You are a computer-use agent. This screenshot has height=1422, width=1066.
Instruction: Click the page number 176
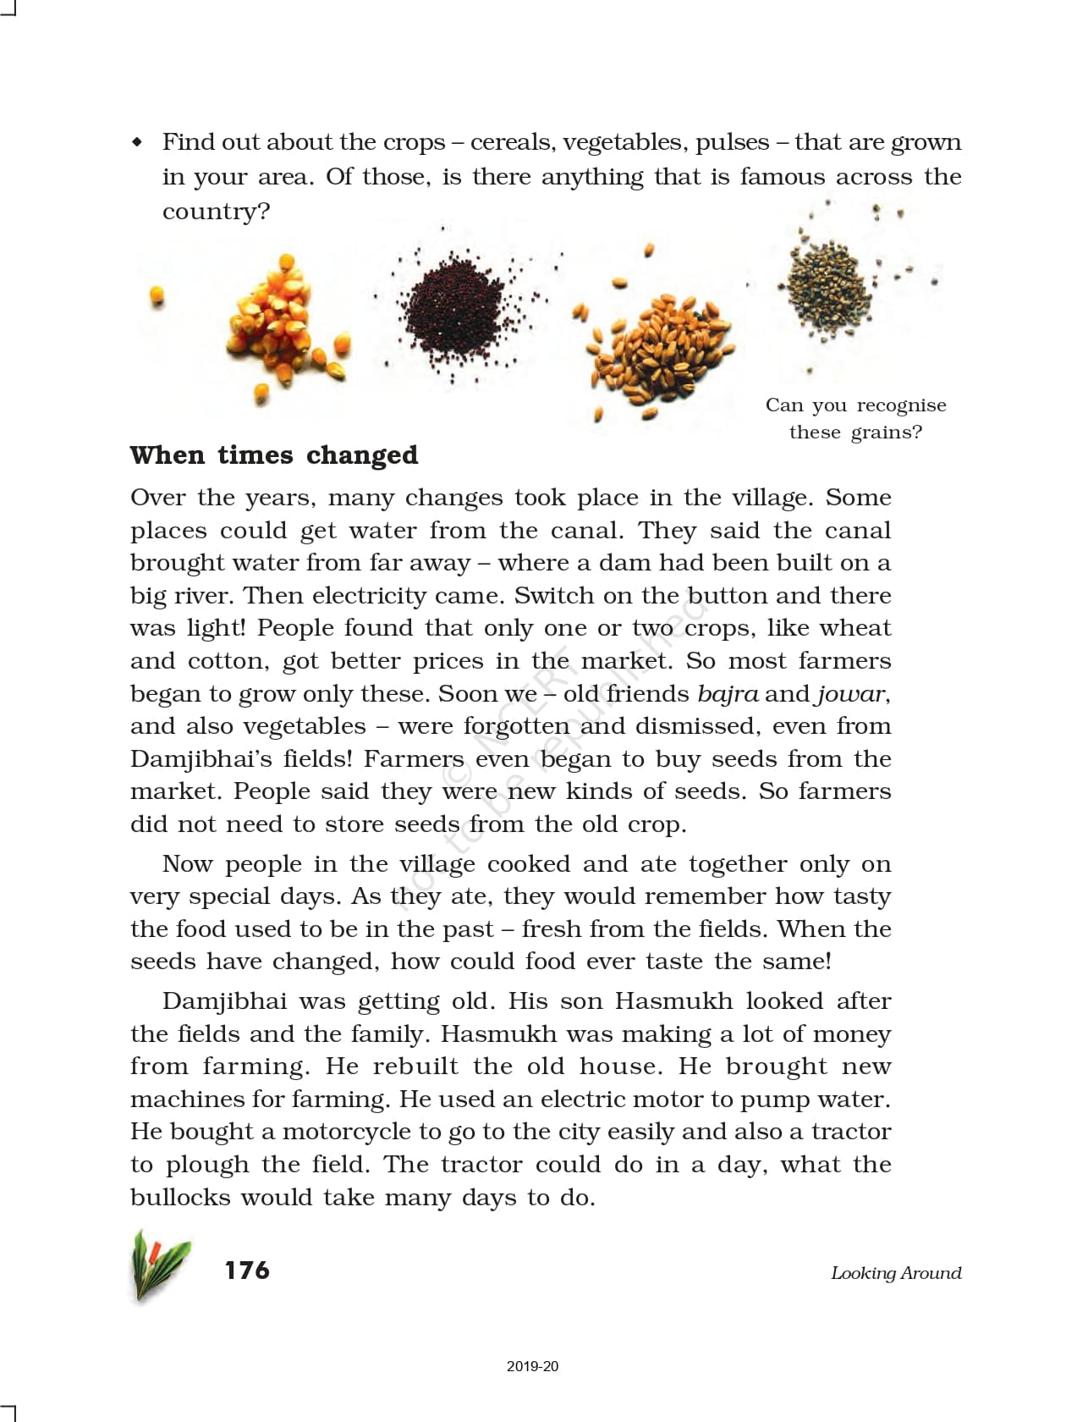[247, 1270]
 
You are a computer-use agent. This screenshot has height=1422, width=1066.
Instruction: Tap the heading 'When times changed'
[274, 455]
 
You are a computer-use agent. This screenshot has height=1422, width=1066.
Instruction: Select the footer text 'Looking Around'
[896, 1273]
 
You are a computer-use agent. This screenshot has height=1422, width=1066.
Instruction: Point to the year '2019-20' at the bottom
[532, 1366]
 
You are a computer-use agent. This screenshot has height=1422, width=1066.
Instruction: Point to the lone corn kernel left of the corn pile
[157, 296]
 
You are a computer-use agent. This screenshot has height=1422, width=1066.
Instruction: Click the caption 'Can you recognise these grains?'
[855, 418]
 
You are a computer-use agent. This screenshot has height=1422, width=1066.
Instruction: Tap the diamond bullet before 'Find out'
[138, 142]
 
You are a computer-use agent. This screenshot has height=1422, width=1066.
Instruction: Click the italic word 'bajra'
[728, 694]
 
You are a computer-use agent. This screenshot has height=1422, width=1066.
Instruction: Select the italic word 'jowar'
[851, 694]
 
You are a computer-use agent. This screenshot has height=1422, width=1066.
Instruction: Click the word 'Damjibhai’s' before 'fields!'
[201, 759]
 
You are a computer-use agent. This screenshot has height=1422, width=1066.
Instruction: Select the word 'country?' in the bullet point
[216, 212]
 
